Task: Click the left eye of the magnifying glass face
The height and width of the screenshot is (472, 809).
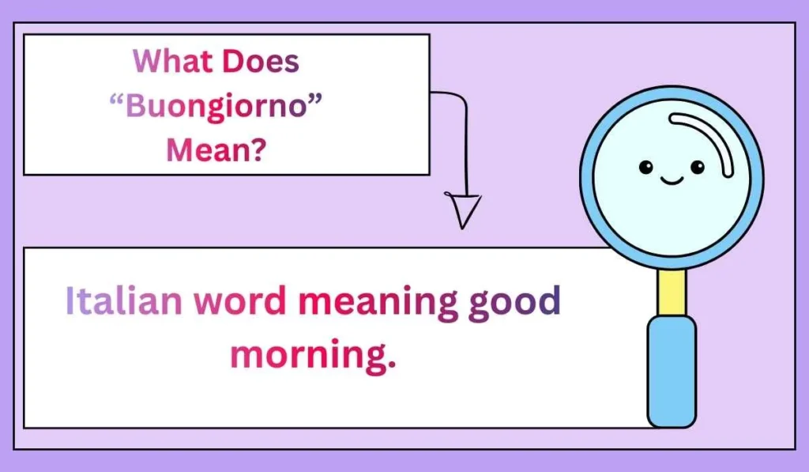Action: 645,166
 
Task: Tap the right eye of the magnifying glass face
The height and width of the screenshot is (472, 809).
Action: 697,166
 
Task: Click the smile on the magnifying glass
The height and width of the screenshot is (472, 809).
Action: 672,181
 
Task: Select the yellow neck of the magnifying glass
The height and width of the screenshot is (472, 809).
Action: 672,291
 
